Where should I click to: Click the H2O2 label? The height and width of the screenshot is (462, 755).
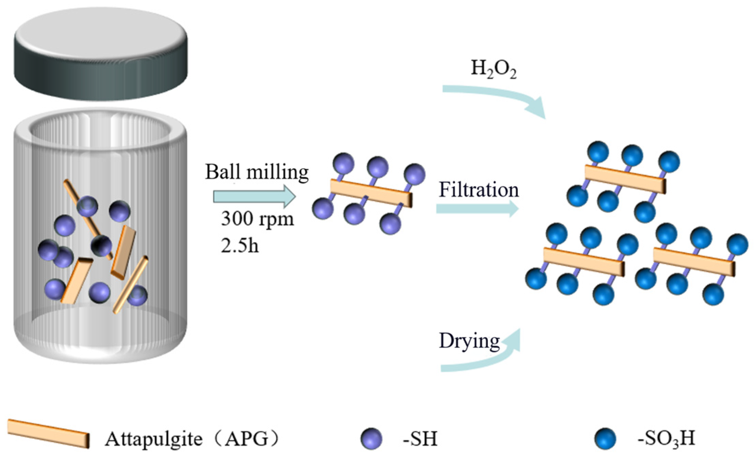(x=493, y=68)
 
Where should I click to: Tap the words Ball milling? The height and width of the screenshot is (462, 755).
(x=257, y=172)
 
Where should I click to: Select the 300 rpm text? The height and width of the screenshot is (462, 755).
(x=257, y=219)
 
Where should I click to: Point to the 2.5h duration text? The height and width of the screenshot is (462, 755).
(x=240, y=246)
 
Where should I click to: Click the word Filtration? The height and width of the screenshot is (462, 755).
(x=479, y=190)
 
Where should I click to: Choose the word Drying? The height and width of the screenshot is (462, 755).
(x=469, y=341)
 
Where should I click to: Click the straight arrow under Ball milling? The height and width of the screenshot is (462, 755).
(x=254, y=196)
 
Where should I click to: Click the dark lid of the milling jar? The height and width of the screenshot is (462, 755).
(x=101, y=54)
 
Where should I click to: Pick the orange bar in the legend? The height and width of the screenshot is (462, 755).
(x=48, y=433)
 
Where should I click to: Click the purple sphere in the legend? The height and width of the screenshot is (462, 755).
(x=371, y=438)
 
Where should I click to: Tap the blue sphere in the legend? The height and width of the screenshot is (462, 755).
(x=605, y=438)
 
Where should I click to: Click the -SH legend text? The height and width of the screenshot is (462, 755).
(x=420, y=438)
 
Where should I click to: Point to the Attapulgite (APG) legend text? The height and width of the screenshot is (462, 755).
(x=192, y=438)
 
